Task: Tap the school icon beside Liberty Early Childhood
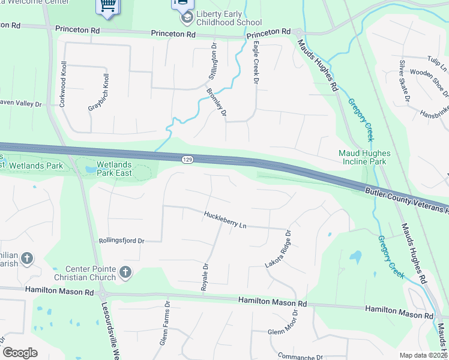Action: pos(187,17)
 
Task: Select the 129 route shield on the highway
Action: pos(187,158)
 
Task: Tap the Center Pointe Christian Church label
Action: pos(82,272)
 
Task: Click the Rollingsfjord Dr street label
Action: pos(122,241)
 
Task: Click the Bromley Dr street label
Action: pos(216,102)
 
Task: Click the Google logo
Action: pos(20,353)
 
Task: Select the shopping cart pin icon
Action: pos(107,6)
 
